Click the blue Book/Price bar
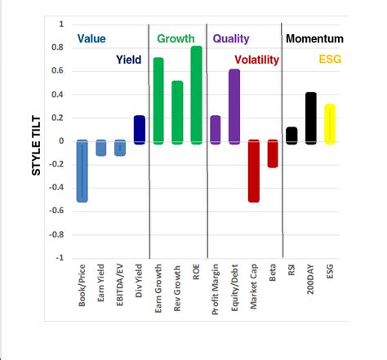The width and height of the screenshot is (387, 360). (82, 171)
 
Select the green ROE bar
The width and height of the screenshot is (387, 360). (196, 95)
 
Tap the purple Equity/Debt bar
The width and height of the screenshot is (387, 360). (234, 106)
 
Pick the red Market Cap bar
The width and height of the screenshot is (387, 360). (253, 171)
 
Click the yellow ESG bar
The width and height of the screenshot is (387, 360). (329, 123)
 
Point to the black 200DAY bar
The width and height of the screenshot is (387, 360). (310, 118)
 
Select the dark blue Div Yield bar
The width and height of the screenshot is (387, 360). (139, 130)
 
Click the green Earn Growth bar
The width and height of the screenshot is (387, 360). (158, 100)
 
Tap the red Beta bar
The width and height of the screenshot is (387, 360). (273, 153)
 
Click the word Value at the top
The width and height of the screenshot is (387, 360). (91, 38)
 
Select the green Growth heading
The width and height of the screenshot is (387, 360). (175, 38)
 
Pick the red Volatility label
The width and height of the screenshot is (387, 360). (256, 60)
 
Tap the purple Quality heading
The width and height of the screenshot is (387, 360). (231, 38)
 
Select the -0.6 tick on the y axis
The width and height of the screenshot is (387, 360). (56, 211)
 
